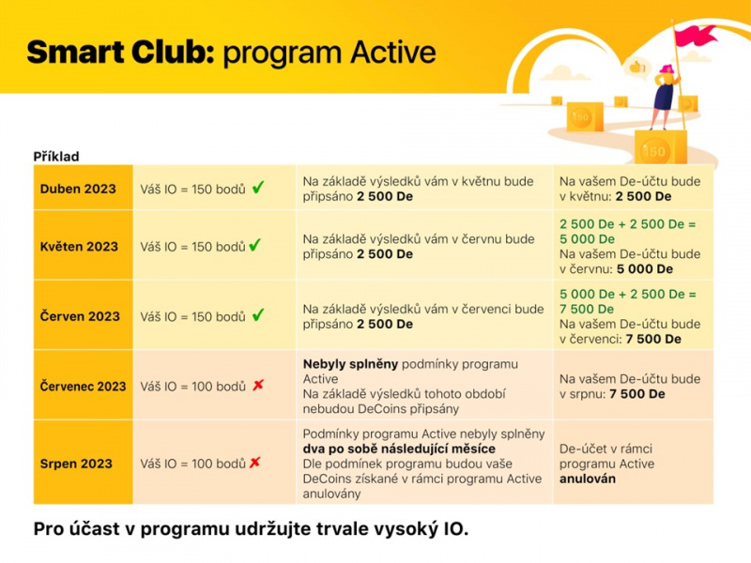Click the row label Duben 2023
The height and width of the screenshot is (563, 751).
78,189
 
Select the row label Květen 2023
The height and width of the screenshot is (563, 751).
79,246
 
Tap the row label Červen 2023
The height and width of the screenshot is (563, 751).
80,316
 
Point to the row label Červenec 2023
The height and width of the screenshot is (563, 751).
83,386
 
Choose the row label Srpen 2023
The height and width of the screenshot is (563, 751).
76,464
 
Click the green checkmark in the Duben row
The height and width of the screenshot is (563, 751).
258,187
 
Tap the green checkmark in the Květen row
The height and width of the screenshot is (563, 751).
255,245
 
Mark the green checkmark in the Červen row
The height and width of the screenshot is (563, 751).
258,314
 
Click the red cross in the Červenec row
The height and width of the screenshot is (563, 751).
258,385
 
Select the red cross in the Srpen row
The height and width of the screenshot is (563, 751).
254,462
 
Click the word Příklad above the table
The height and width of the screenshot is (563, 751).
56,157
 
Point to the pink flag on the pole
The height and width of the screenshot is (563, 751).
696,35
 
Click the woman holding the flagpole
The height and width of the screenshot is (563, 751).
665,97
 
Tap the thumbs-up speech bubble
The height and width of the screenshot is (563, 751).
636,67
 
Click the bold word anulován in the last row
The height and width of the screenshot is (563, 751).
588,479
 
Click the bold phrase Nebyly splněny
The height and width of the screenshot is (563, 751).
350,364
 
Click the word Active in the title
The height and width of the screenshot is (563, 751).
392,52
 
